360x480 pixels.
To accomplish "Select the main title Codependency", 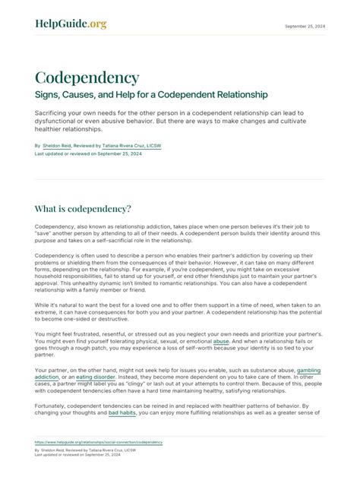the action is pos(87,77).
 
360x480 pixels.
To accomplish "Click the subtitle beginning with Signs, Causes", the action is pos(151,95).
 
